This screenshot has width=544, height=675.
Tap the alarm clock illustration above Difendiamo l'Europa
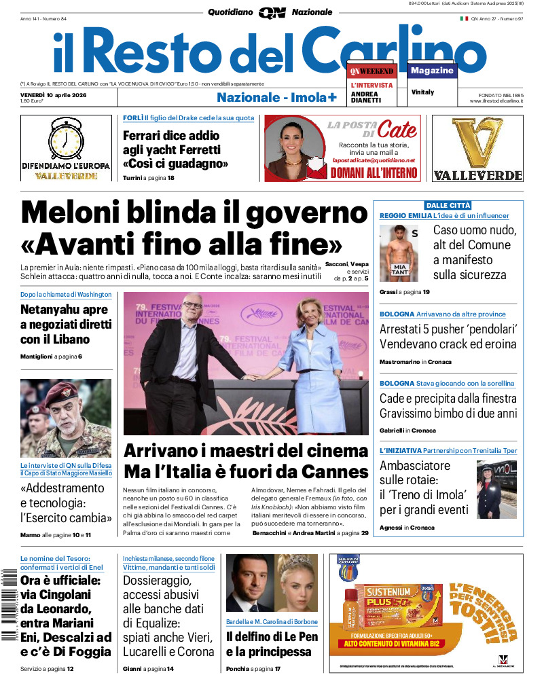(x=65, y=139)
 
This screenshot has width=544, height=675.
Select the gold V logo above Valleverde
(x=477, y=143)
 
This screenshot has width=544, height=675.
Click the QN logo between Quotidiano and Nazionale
(x=272, y=12)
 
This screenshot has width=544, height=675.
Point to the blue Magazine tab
(x=432, y=71)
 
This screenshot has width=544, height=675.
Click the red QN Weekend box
(x=371, y=71)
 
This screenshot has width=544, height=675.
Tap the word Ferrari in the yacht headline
(x=145, y=135)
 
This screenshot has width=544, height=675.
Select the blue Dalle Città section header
(x=448, y=205)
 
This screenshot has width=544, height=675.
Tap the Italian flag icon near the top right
(x=465, y=18)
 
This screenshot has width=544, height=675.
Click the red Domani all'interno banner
(x=374, y=173)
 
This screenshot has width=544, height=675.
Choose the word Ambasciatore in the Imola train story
(x=415, y=466)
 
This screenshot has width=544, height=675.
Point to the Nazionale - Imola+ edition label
(x=276, y=97)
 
